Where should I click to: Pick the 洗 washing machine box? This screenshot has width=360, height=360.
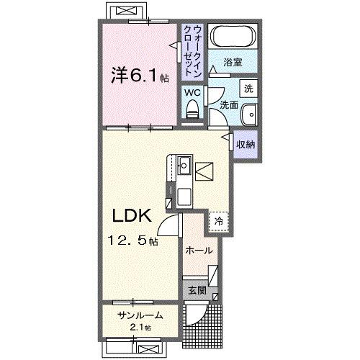pyautogui.click(x=248, y=89)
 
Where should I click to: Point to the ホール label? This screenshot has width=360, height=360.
pyautogui.click(x=199, y=251)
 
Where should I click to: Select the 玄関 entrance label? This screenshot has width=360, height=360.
pyautogui.click(x=198, y=292)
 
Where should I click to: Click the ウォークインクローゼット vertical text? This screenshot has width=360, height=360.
pyautogui.click(x=192, y=50)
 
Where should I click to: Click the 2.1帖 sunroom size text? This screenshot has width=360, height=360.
pyautogui.click(x=140, y=328)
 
